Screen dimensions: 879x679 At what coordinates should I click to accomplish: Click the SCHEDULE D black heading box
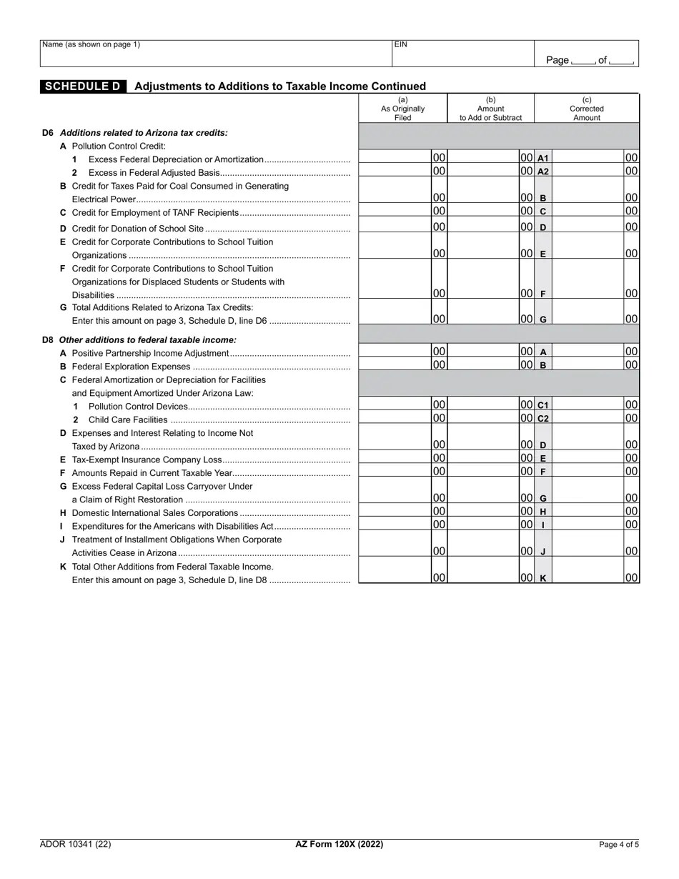tap(83, 86)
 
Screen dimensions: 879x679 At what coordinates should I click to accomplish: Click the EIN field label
tap(401, 44)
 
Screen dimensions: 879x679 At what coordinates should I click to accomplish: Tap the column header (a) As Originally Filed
tap(402, 109)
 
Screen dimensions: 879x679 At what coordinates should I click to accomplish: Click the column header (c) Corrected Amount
tap(586, 109)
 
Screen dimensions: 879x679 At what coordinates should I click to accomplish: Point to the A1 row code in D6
tap(542, 158)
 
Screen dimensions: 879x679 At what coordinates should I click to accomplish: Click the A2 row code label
tap(542, 172)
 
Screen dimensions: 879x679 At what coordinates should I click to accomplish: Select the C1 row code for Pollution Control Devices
tap(542, 405)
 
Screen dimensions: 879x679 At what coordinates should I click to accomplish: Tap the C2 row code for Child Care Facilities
tap(542, 418)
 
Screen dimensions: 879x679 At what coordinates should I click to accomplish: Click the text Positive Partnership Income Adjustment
tap(150, 353)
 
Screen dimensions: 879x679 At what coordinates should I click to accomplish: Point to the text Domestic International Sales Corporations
tap(155, 513)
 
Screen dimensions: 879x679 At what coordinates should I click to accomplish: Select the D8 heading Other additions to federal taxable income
tap(147, 340)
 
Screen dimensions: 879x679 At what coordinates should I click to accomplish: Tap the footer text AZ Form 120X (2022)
tap(339, 844)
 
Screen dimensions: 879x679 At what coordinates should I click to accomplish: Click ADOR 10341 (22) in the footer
tap(76, 844)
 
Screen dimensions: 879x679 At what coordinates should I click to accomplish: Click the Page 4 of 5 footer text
tap(618, 844)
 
